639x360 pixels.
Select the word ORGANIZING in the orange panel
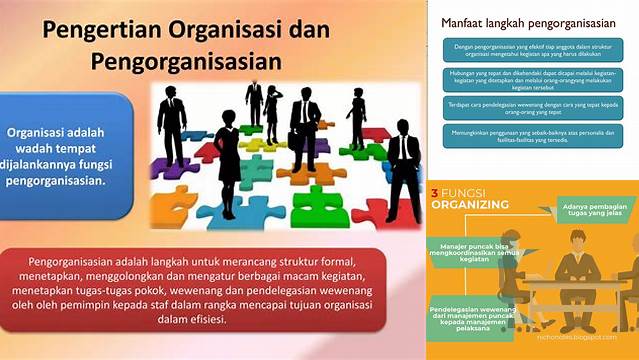pyautogui.click(x=470, y=205)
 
